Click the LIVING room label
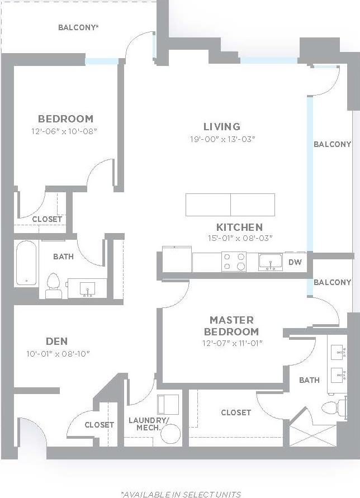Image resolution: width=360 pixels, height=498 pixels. (221, 126)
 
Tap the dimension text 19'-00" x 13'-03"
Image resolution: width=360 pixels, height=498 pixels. (222, 139)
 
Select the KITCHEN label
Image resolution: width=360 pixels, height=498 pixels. (239, 227)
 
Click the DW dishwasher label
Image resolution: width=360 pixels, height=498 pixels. (295, 262)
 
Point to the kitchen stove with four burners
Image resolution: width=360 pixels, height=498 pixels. (234, 262)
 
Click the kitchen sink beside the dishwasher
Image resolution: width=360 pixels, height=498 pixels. (271, 262)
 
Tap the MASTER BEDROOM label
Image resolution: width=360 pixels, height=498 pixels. (231, 325)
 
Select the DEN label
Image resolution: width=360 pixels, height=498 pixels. (56, 342)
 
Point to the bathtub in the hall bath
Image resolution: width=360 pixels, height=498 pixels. (26, 262)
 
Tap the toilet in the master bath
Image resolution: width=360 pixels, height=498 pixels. (330, 408)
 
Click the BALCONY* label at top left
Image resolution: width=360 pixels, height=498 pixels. (78, 27)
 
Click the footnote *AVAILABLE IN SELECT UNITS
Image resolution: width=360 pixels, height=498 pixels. (181, 494)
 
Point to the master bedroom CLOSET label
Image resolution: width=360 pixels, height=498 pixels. (236, 412)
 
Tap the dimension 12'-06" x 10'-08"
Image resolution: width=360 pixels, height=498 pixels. (65, 131)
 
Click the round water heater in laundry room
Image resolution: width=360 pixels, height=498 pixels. (170, 433)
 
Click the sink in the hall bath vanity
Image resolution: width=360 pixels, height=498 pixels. (87, 288)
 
